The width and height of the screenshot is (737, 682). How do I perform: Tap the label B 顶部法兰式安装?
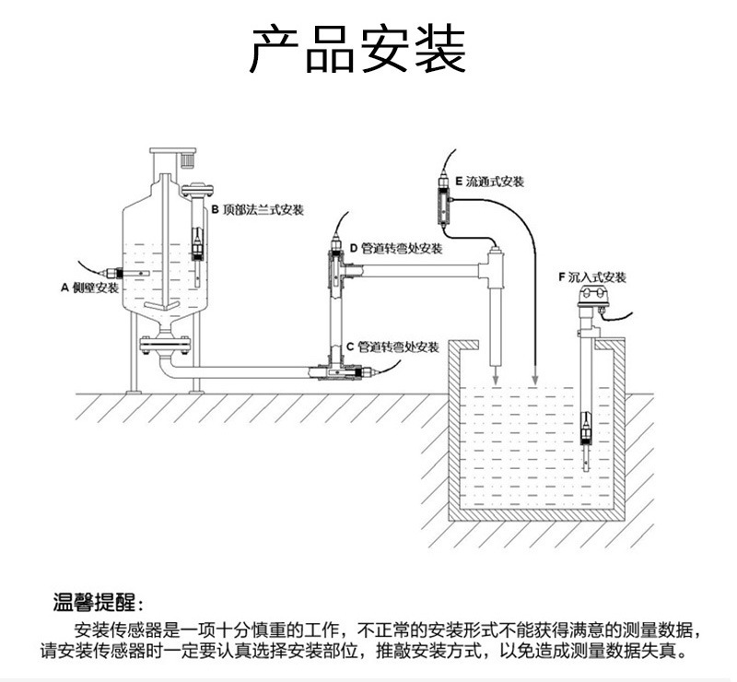pos(257,210)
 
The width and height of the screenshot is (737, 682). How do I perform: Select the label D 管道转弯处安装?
pos(396,249)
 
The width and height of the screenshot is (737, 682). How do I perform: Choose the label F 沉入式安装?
pos(591,276)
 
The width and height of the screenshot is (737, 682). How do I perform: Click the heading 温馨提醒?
pos(97,605)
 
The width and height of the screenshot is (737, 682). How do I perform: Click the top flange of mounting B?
pos(198,191)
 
